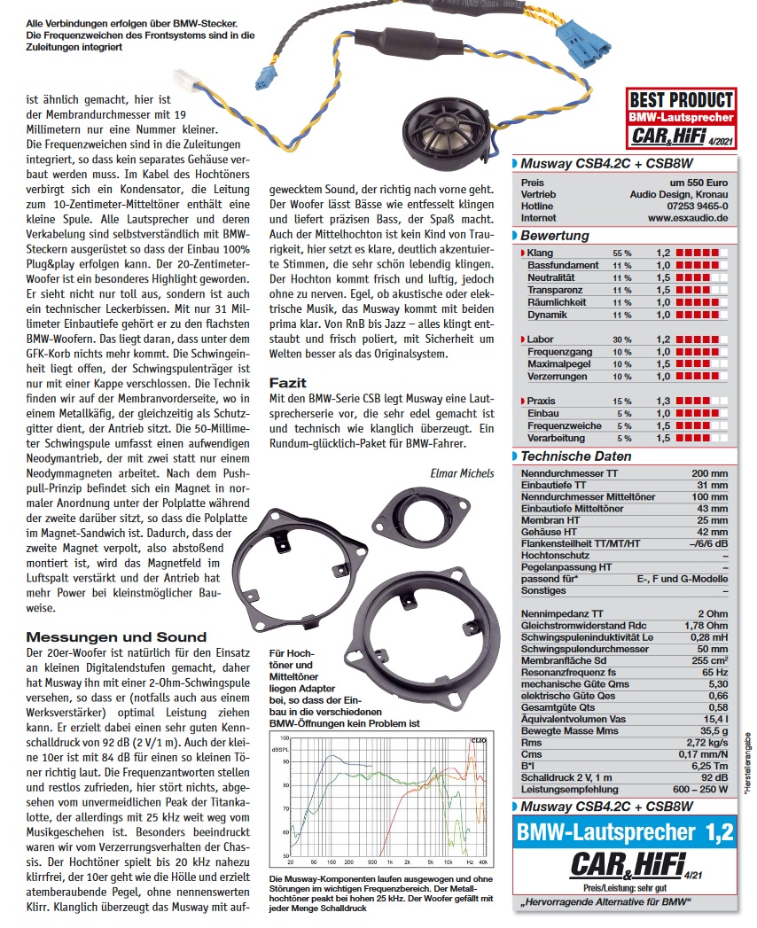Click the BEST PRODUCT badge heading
pyautogui.click(x=680, y=100)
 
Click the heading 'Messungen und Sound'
pyautogui.click(x=116, y=636)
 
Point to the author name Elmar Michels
pyautogui.click(x=462, y=473)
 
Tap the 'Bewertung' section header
pyautogui.click(x=554, y=236)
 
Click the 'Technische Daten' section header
pyautogui.click(x=575, y=456)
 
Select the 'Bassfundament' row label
pyautogui.click(x=562, y=265)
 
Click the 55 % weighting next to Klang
pyautogui.click(x=622, y=253)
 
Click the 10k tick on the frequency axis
pyautogui.click(x=448, y=862)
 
